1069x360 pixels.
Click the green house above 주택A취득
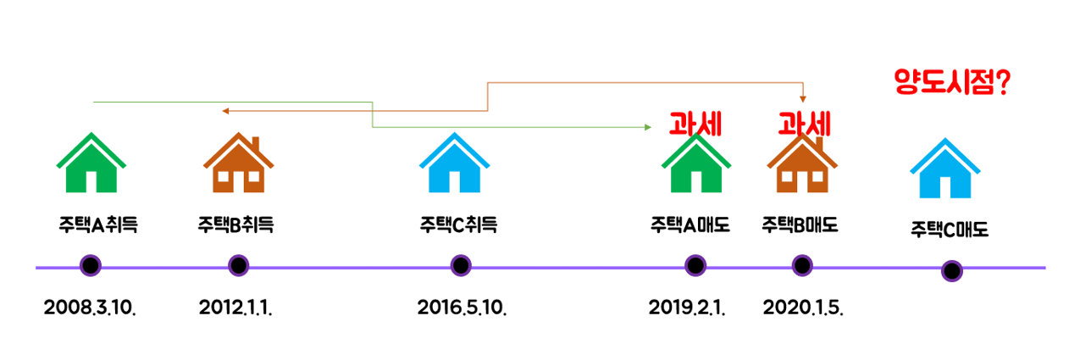click(x=91, y=163)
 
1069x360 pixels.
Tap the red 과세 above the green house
click(x=695, y=125)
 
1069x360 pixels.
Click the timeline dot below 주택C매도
click(x=952, y=271)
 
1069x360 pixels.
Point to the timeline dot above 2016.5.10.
click(x=460, y=266)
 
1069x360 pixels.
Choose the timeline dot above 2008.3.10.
click(x=90, y=266)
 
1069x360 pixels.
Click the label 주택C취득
click(x=458, y=225)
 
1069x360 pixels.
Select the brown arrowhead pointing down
click(x=803, y=98)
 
